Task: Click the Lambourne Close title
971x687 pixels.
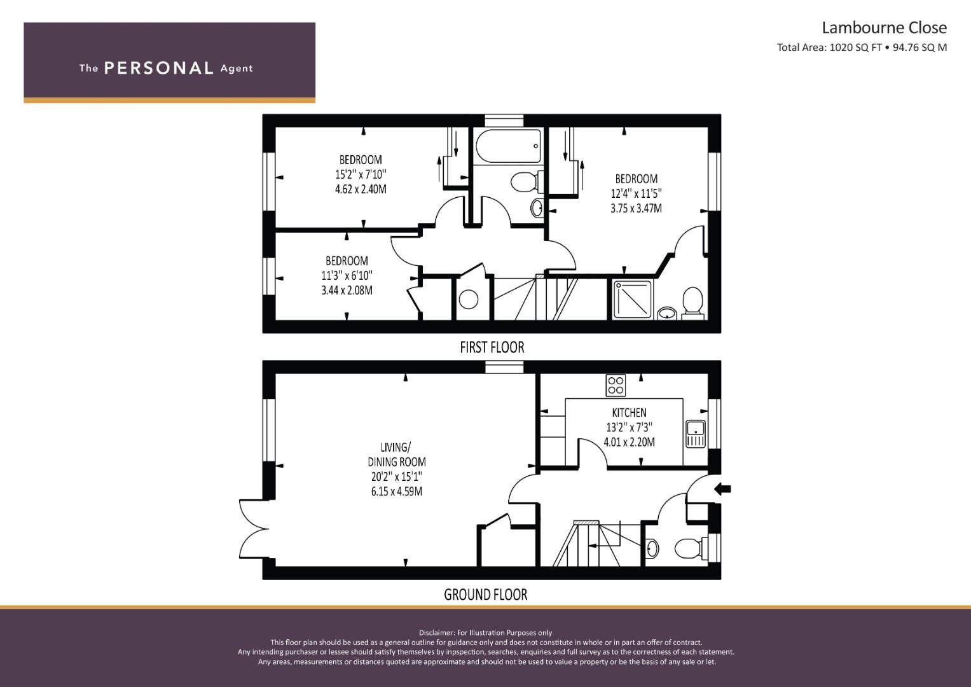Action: tap(884, 28)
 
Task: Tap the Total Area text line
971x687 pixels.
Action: tap(862, 47)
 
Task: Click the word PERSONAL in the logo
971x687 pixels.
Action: tap(158, 68)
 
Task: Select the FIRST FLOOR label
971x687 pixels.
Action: tap(492, 347)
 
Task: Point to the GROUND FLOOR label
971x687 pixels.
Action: tap(485, 595)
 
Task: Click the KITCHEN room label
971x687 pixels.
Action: tap(629, 413)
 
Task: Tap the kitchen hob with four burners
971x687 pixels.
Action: tap(616, 385)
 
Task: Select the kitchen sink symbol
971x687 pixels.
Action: tap(696, 434)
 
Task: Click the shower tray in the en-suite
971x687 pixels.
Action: tap(633, 299)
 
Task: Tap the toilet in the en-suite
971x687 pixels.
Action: tap(692, 302)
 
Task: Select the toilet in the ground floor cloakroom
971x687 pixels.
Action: tap(688, 548)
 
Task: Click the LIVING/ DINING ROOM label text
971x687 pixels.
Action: tap(396, 454)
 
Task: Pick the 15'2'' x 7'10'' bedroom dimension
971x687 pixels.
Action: tap(361, 174)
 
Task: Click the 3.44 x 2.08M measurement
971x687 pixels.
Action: tap(347, 291)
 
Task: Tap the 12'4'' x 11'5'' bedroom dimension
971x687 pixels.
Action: tap(636, 193)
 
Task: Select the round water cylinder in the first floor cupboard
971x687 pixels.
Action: tap(469, 299)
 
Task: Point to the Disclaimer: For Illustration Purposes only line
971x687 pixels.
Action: tap(485, 632)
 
